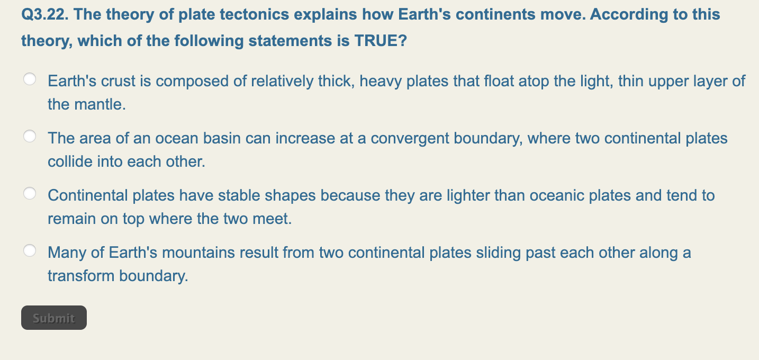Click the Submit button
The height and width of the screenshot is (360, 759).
point(53,318)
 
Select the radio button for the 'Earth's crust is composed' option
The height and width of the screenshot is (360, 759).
point(30,79)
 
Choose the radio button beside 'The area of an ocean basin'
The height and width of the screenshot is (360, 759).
point(30,137)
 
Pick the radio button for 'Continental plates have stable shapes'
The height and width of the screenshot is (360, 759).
point(30,194)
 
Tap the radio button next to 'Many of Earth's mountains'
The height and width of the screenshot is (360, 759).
point(30,251)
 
